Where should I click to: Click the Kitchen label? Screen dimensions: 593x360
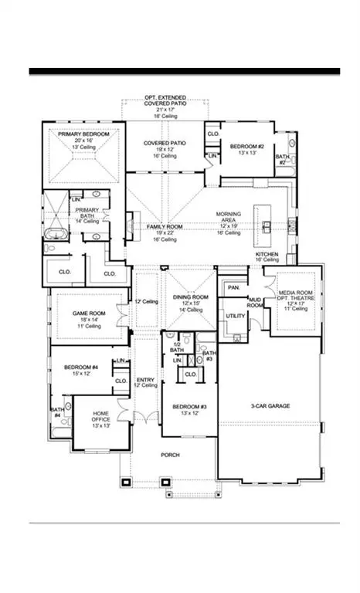point(267,254)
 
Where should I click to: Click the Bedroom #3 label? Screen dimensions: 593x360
point(188,406)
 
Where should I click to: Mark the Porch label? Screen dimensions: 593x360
point(170,456)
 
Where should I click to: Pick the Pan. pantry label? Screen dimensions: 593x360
point(233,287)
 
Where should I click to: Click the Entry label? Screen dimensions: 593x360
point(145,380)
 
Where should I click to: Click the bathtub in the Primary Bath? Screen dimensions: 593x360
point(56,235)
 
